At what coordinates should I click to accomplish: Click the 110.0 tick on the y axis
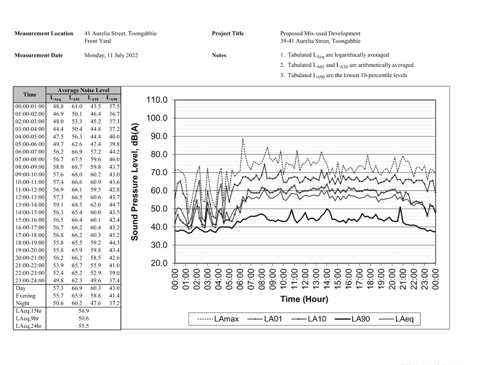click(x=157, y=100)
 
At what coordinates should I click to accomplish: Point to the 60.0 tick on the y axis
click(x=159, y=191)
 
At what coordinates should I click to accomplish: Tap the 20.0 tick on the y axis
click(x=159, y=263)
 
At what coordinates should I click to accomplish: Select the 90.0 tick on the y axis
click(x=159, y=137)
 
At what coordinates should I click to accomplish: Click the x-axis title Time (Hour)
click(x=304, y=299)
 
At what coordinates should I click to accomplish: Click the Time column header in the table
click(x=29, y=95)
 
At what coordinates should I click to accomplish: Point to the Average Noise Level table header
click(x=83, y=90)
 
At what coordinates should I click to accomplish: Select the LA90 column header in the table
click(x=113, y=98)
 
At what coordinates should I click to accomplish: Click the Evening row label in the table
click(x=25, y=295)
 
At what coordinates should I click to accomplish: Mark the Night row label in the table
click(x=23, y=302)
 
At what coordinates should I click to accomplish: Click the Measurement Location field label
click(x=43, y=34)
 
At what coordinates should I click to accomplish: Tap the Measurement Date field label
click(x=39, y=55)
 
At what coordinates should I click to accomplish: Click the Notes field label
click(x=219, y=55)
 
